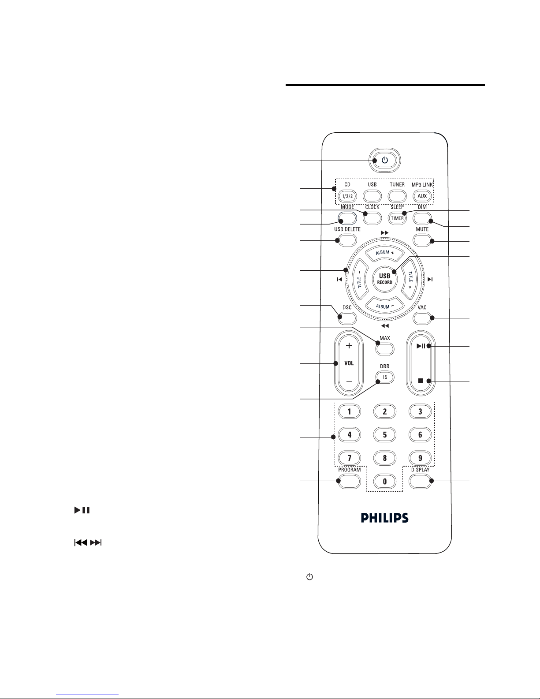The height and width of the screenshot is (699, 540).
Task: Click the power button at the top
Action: [x=384, y=161]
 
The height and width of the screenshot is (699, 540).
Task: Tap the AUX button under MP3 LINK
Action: [x=422, y=195]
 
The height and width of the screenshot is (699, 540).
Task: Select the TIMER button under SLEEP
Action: [x=397, y=218]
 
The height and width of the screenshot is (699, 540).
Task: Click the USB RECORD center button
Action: [x=385, y=279]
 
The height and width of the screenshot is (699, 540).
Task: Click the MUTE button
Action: [x=422, y=240]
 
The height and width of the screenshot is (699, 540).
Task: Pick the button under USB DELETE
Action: [x=347, y=240]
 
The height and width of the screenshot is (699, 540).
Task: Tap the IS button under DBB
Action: [x=385, y=378]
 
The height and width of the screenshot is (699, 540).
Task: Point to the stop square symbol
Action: [x=421, y=381]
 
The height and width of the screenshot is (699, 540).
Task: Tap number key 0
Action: [x=385, y=481]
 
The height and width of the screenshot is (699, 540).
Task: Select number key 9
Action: [x=420, y=458]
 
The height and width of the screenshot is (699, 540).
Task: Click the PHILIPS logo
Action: [x=385, y=518]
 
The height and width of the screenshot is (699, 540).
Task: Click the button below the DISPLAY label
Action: [x=420, y=481]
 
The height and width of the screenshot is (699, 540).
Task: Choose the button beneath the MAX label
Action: [x=385, y=349]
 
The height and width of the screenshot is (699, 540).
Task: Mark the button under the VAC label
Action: [x=422, y=318]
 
